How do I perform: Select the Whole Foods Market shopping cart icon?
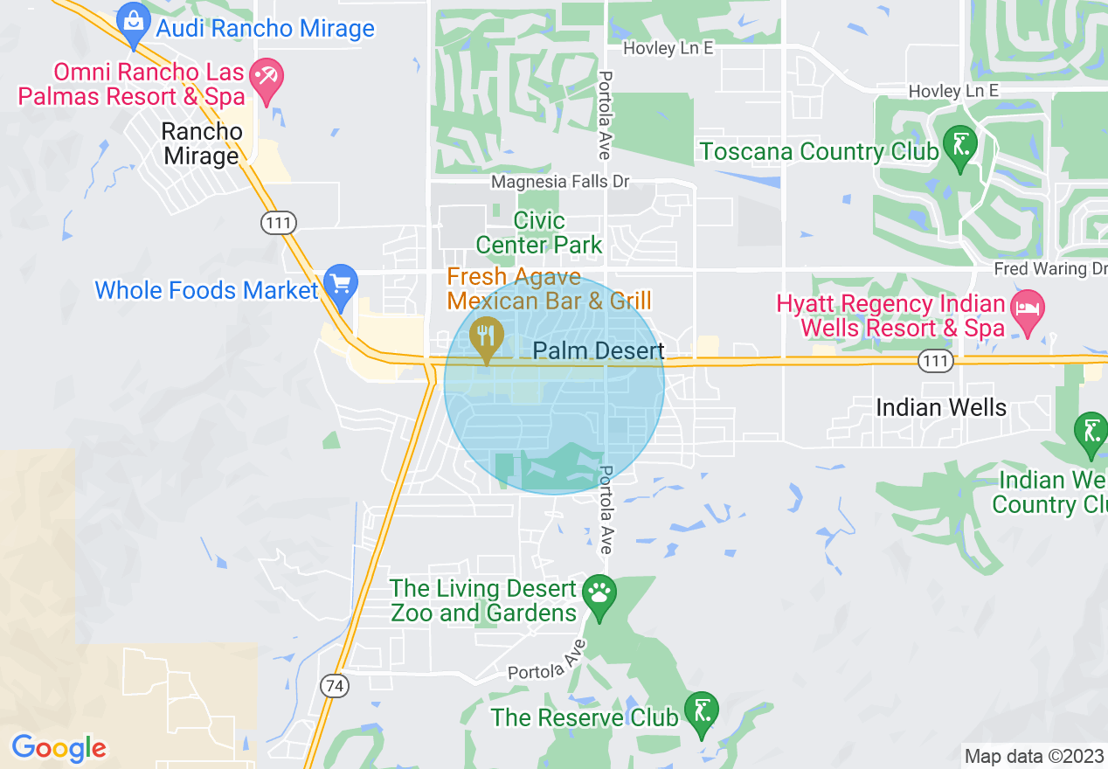tap(340, 285)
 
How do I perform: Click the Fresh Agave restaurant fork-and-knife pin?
tap(485, 336)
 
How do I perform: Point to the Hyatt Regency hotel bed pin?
tap(1028, 309)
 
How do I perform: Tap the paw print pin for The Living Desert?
tap(599, 594)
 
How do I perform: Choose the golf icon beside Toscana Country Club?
tap(959, 145)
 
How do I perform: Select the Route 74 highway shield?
tap(333, 686)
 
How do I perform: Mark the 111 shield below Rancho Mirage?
tap(279, 223)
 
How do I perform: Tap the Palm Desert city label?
tap(599, 351)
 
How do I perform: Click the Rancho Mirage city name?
tap(201, 144)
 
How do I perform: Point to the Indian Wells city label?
tap(941, 407)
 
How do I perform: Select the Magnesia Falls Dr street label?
tap(559, 182)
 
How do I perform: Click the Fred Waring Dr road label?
tap(1049, 268)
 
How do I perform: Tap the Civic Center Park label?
tap(539, 232)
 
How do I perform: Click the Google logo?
tap(59, 748)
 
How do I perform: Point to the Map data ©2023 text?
tap(1033, 756)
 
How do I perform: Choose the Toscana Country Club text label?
tap(818, 151)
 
